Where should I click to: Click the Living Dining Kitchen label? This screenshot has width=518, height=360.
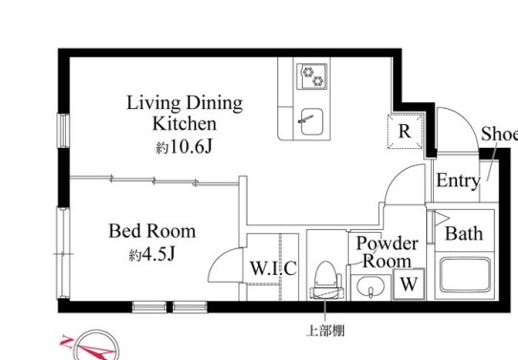coord(185,113)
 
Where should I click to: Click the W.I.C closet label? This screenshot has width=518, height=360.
coord(273,268)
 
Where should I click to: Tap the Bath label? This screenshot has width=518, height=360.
coord(464,233)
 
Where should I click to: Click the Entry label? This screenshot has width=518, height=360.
coord(457,181)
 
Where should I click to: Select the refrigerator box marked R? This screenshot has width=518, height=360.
coord(404,132)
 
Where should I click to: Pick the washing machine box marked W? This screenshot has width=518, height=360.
coord(408,284)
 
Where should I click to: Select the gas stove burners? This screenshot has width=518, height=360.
coord(312,75)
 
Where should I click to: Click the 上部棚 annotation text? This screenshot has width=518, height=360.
coord(326,331)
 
